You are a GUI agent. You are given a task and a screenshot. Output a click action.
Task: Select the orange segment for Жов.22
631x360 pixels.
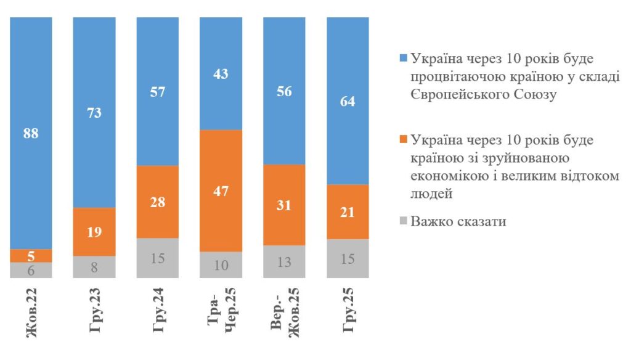pyautogui.click(x=31, y=255)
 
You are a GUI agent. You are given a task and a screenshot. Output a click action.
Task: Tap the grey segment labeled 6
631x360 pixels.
pyautogui.click(x=31, y=271)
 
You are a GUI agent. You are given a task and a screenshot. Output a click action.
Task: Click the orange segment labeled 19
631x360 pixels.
pyautogui.click(x=94, y=232)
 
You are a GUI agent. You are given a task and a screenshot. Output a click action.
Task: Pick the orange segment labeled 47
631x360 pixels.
pyautogui.click(x=221, y=190)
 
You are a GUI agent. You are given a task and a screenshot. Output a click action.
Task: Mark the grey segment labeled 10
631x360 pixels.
pyautogui.click(x=221, y=266)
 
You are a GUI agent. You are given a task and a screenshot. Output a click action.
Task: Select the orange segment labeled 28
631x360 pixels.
pyautogui.click(x=157, y=202)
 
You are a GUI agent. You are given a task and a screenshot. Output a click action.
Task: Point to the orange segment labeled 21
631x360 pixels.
pyautogui.click(x=348, y=211)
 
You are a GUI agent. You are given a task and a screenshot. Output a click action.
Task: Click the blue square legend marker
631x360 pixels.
pyautogui.click(x=403, y=60)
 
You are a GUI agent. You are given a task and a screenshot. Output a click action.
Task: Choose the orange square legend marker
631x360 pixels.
pyautogui.click(x=403, y=140)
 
